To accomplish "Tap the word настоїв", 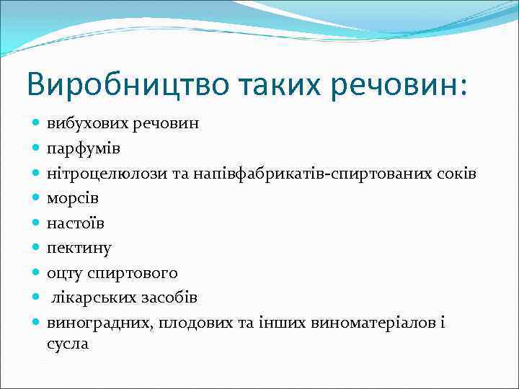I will click(76, 223).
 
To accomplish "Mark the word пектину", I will click(79, 248).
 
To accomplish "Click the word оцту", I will click(67, 273).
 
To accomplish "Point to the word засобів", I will click(169, 298).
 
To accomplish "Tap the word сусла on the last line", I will click(68, 344).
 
